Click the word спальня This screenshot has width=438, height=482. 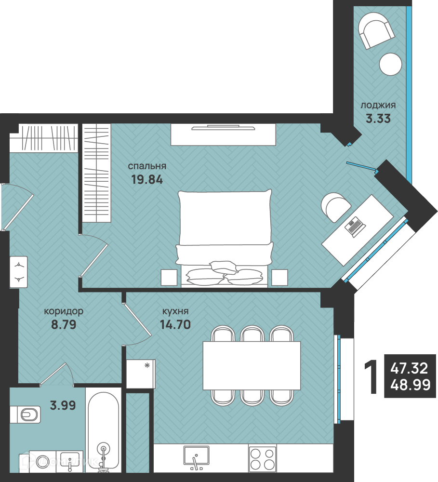[x=147, y=166]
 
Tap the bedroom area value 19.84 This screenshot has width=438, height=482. [x=147, y=179]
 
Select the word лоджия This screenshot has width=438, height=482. [x=378, y=106]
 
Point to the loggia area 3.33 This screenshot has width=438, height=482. [x=378, y=119]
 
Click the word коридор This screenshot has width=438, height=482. [x=64, y=311]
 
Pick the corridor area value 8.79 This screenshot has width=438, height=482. [x=64, y=324]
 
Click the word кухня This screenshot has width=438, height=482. [x=175, y=311]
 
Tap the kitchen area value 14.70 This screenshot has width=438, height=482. [x=175, y=324]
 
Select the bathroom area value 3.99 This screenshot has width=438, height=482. [x=63, y=405]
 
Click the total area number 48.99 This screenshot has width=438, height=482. [x=411, y=384]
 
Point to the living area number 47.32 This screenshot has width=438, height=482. [x=409, y=368]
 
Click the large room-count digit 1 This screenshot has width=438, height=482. [x=371, y=377]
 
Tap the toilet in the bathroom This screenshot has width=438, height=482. [x=25, y=415]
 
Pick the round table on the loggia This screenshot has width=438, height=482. [x=390, y=64]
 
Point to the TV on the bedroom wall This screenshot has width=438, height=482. [x=223, y=127]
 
